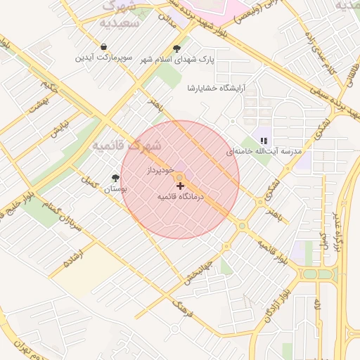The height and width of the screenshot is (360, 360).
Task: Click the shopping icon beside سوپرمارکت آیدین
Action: tap(104, 46)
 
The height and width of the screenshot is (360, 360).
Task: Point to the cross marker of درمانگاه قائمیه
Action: tap(181, 186)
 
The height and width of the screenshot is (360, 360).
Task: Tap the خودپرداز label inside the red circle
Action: tap(160, 170)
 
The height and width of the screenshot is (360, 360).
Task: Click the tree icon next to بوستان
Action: tap(115, 179)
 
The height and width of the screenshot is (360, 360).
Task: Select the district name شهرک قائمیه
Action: tap(127, 146)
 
